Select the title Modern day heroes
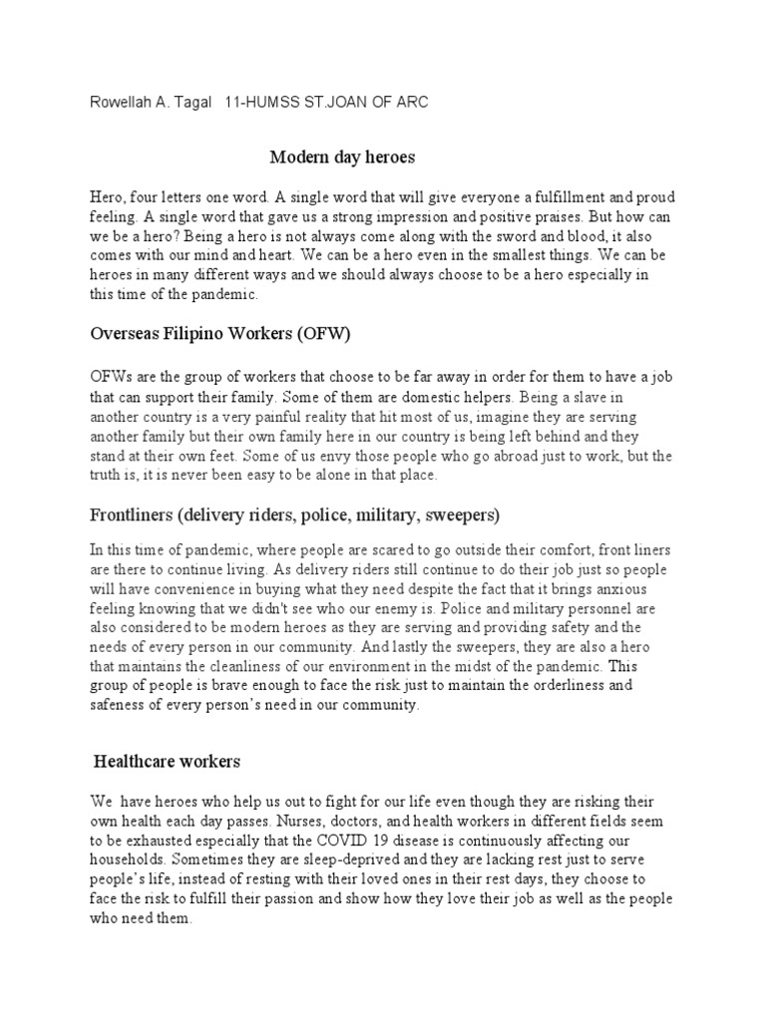[x=342, y=157]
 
